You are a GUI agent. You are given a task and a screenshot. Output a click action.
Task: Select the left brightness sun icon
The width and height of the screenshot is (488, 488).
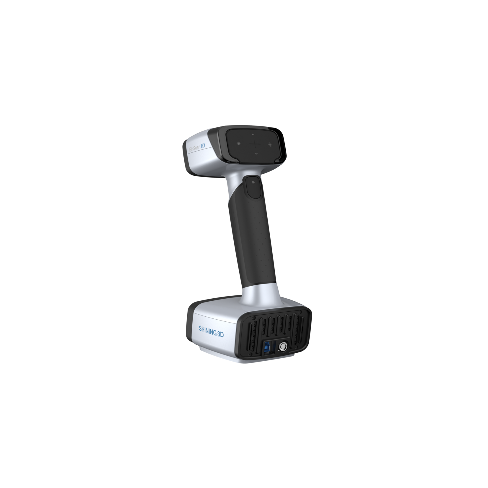[239, 144]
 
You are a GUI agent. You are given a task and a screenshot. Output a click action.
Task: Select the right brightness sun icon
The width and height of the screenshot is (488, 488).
[270, 144]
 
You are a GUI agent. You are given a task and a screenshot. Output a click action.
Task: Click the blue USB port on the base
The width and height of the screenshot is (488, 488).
[268, 347]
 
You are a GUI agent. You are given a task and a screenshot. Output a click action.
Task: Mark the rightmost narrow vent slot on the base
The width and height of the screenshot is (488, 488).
[302, 330]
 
